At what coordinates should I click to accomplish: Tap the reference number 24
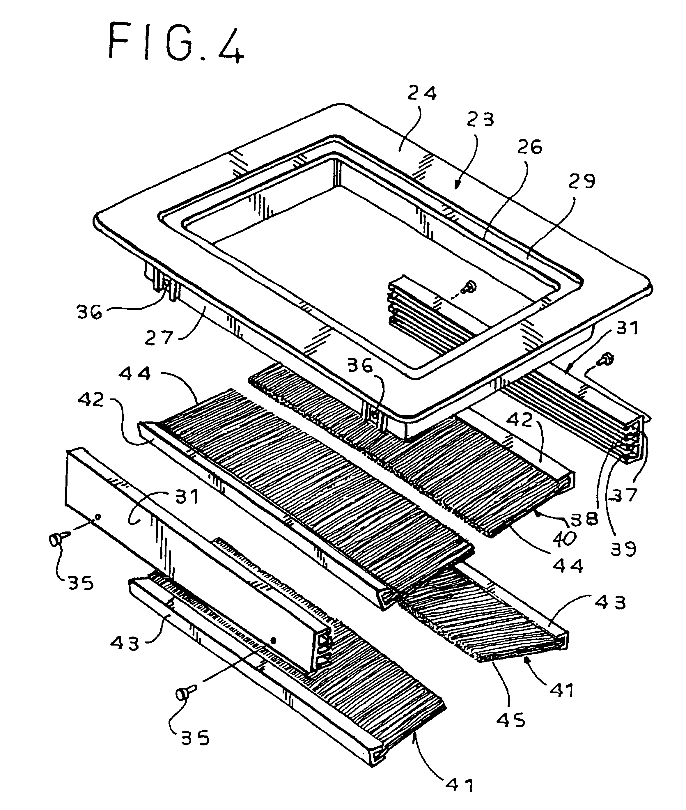pyautogui.click(x=422, y=94)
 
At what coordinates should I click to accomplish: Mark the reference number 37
pyautogui.click(x=623, y=494)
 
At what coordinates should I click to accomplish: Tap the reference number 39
pyautogui.click(x=623, y=548)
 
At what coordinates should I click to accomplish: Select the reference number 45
pyautogui.click(x=511, y=720)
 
